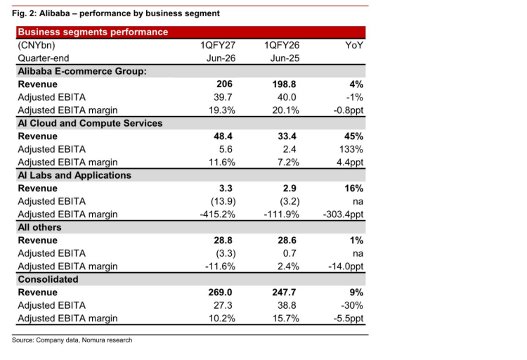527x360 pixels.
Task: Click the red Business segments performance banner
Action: pos(190,32)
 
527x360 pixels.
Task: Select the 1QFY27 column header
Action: pos(218,46)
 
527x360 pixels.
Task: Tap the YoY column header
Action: pos(354,46)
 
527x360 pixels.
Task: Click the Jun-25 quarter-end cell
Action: pos(285,58)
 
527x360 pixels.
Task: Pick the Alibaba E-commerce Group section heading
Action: pos(82,71)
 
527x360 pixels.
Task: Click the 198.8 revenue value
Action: pos(284,84)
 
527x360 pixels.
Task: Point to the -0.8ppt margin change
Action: pos(349,110)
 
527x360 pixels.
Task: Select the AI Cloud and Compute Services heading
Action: pos(90,124)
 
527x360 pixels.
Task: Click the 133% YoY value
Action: pos(351,149)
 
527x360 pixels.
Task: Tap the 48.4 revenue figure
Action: pos(223,136)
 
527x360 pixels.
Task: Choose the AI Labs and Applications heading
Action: pos(74,175)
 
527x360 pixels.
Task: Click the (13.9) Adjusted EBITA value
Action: pos(223,202)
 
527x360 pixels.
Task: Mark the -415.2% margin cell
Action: pos(217,214)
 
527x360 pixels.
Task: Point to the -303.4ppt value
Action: pos(343,214)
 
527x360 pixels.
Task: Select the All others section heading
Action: pos(39,227)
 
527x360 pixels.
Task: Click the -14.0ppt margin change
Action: pos(346,266)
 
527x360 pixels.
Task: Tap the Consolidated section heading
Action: pos(48,279)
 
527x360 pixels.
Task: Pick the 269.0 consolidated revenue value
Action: pos(220,292)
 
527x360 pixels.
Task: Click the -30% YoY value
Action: pos(352,305)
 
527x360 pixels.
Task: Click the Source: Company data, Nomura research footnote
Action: pos(72,340)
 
